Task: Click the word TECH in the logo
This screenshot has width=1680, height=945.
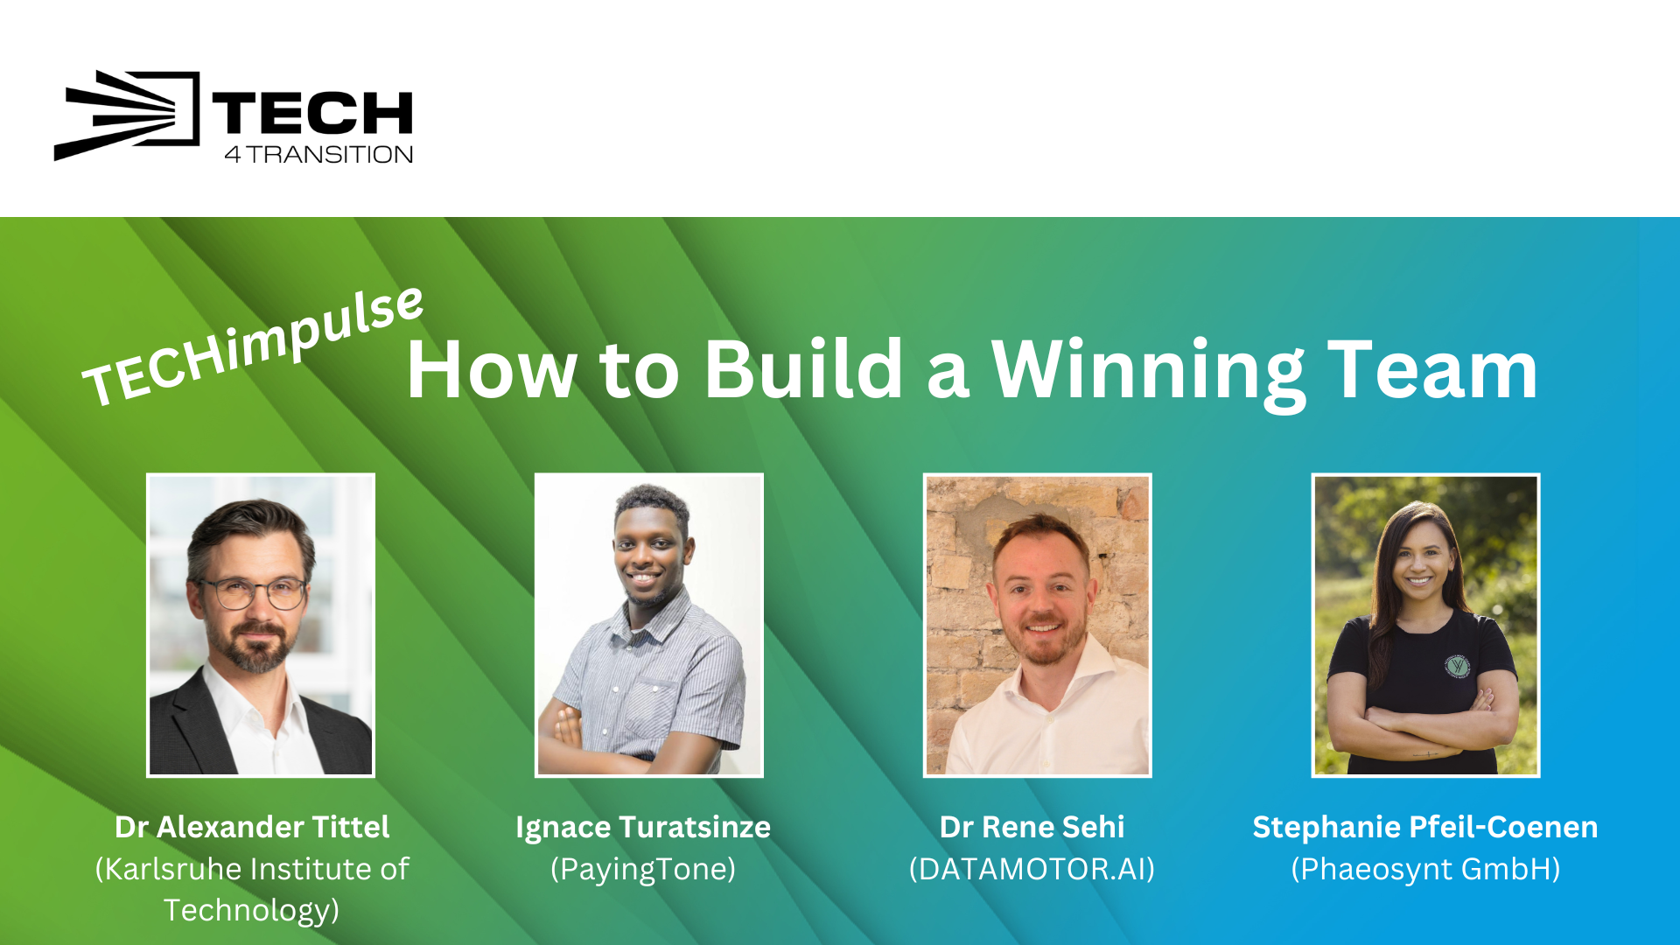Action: (312, 114)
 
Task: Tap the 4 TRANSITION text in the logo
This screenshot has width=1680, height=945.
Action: (318, 155)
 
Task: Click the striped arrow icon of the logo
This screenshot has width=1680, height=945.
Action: (127, 115)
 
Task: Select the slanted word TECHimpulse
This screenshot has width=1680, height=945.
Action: (253, 346)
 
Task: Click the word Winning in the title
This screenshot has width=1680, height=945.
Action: (1148, 372)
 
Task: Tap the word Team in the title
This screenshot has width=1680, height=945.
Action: (1432, 370)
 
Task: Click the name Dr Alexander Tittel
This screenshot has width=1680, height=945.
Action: (252, 827)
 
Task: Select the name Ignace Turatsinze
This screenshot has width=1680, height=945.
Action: (643, 828)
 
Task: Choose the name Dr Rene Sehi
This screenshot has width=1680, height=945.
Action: (1032, 827)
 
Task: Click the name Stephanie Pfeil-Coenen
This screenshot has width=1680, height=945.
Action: (1425, 827)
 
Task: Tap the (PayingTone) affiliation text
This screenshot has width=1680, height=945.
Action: (643, 870)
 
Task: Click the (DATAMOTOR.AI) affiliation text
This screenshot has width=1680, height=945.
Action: (1032, 869)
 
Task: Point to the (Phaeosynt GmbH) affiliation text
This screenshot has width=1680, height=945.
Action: (1425, 870)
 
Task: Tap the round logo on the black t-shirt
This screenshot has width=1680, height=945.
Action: (1457, 667)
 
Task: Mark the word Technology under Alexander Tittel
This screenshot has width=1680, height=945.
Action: (251, 911)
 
